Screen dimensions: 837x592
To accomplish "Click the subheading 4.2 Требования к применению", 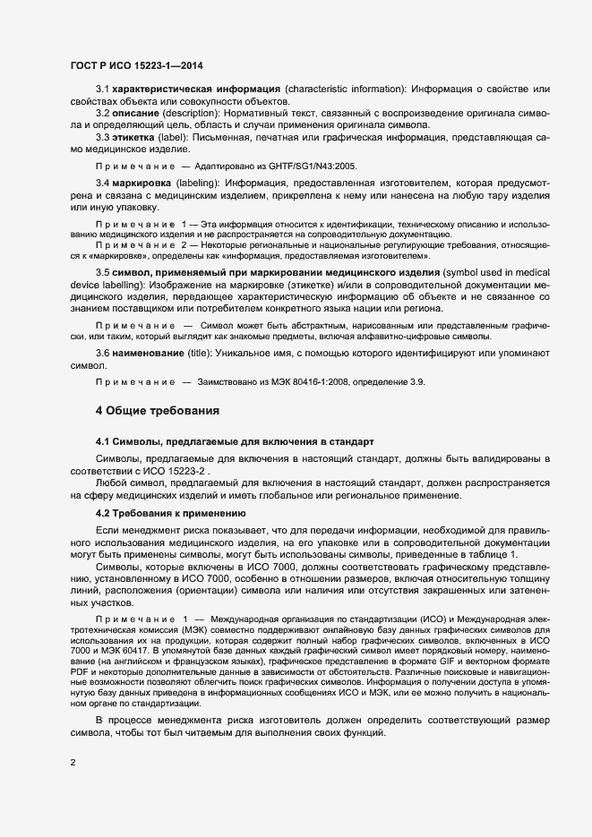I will (170, 513).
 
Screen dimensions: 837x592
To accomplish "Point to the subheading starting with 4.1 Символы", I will (228, 443).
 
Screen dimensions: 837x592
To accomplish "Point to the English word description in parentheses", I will (208, 114).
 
